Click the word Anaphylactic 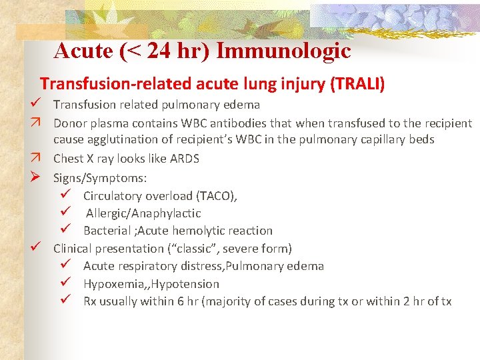pyautogui.click(x=168, y=213)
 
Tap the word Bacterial pyautogui.click(x=107, y=231)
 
